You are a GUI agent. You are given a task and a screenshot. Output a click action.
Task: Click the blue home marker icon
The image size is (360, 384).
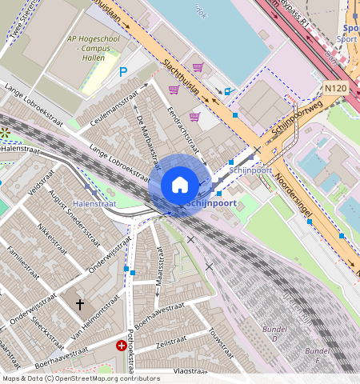[180, 185]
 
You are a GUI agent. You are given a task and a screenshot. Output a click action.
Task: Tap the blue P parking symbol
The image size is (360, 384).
[123, 72]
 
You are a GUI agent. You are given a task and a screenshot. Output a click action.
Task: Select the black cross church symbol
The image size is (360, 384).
[79, 304]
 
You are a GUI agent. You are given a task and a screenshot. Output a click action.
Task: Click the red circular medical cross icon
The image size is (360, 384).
[122, 346]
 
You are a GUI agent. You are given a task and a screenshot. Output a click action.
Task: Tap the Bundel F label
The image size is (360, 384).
[318, 355]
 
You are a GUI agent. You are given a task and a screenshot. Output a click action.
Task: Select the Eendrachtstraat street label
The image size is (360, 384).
[183, 126]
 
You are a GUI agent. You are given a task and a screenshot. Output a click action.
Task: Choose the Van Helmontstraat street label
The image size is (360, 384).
[96, 323]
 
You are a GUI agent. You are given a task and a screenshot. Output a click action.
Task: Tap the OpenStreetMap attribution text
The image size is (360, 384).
[81, 378]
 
